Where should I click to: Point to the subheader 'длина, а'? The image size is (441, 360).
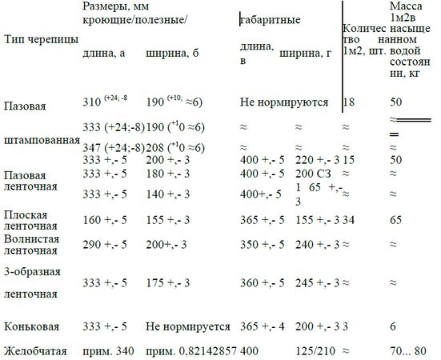click(x=103, y=54)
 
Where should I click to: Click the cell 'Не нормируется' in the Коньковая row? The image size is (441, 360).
click(x=188, y=326)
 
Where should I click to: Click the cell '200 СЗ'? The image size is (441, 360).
click(x=312, y=173)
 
